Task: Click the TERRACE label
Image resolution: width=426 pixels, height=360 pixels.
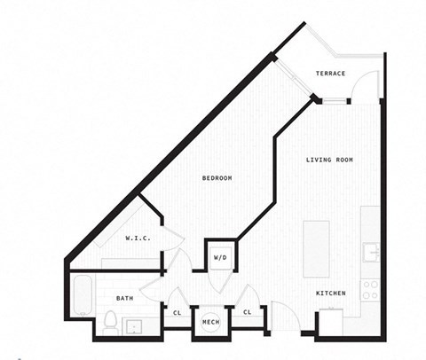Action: coord(330,73)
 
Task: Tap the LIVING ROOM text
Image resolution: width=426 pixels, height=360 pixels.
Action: coord(329,160)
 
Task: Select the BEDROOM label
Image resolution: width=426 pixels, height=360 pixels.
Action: coord(217,178)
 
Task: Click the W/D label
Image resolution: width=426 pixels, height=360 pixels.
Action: coord(219,257)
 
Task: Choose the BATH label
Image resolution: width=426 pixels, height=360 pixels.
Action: coord(124,298)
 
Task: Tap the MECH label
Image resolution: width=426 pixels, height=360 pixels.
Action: coord(210,321)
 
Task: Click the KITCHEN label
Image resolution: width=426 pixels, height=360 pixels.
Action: coord(331,293)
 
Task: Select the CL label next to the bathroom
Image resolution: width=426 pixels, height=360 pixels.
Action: coord(177,312)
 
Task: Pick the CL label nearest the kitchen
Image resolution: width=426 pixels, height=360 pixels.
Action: coord(247,312)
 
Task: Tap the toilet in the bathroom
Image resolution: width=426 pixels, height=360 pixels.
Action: coord(111,322)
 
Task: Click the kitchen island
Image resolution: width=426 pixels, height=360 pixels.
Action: coord(316,248)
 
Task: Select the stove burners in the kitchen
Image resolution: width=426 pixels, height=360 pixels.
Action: coord(374,290)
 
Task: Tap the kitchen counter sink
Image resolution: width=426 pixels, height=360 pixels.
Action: coord(373,253)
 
